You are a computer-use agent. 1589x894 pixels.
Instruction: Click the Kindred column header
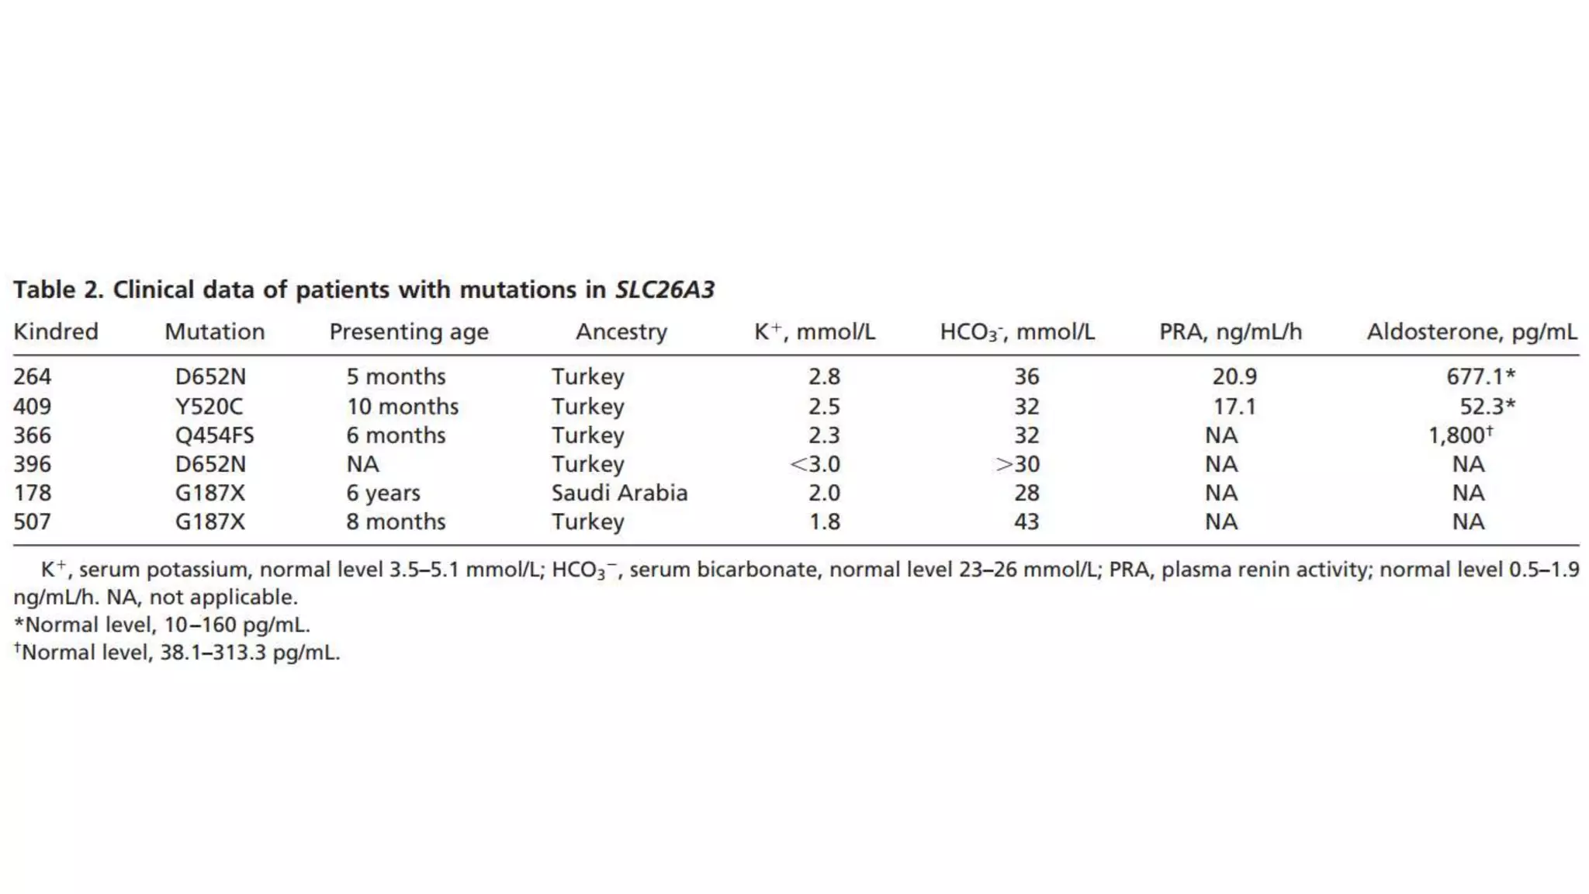56,332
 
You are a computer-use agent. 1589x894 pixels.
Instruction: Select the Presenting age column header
409,332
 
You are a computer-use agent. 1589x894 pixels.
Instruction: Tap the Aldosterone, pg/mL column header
1471,332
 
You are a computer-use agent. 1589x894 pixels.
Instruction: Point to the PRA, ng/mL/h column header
1231,332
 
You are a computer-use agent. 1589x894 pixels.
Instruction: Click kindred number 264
33,377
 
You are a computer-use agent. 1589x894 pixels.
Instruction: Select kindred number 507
33,521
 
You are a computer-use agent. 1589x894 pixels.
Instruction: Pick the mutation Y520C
209,407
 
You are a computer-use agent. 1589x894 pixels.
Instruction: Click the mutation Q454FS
214,435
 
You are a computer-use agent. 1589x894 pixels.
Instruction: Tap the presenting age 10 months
402,407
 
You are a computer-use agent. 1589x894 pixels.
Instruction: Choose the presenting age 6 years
383,494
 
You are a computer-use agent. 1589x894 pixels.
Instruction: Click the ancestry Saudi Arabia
619,494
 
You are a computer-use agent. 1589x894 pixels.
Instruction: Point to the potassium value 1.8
824,521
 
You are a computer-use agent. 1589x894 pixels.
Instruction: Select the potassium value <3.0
815,464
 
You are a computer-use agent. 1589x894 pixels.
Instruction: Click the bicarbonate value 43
1026,521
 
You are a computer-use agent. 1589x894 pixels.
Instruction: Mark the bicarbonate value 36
1026,377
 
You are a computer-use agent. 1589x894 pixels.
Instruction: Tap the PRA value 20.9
1234,377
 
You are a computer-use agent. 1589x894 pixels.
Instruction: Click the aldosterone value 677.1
1475,377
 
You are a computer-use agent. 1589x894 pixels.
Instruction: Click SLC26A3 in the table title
665,290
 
